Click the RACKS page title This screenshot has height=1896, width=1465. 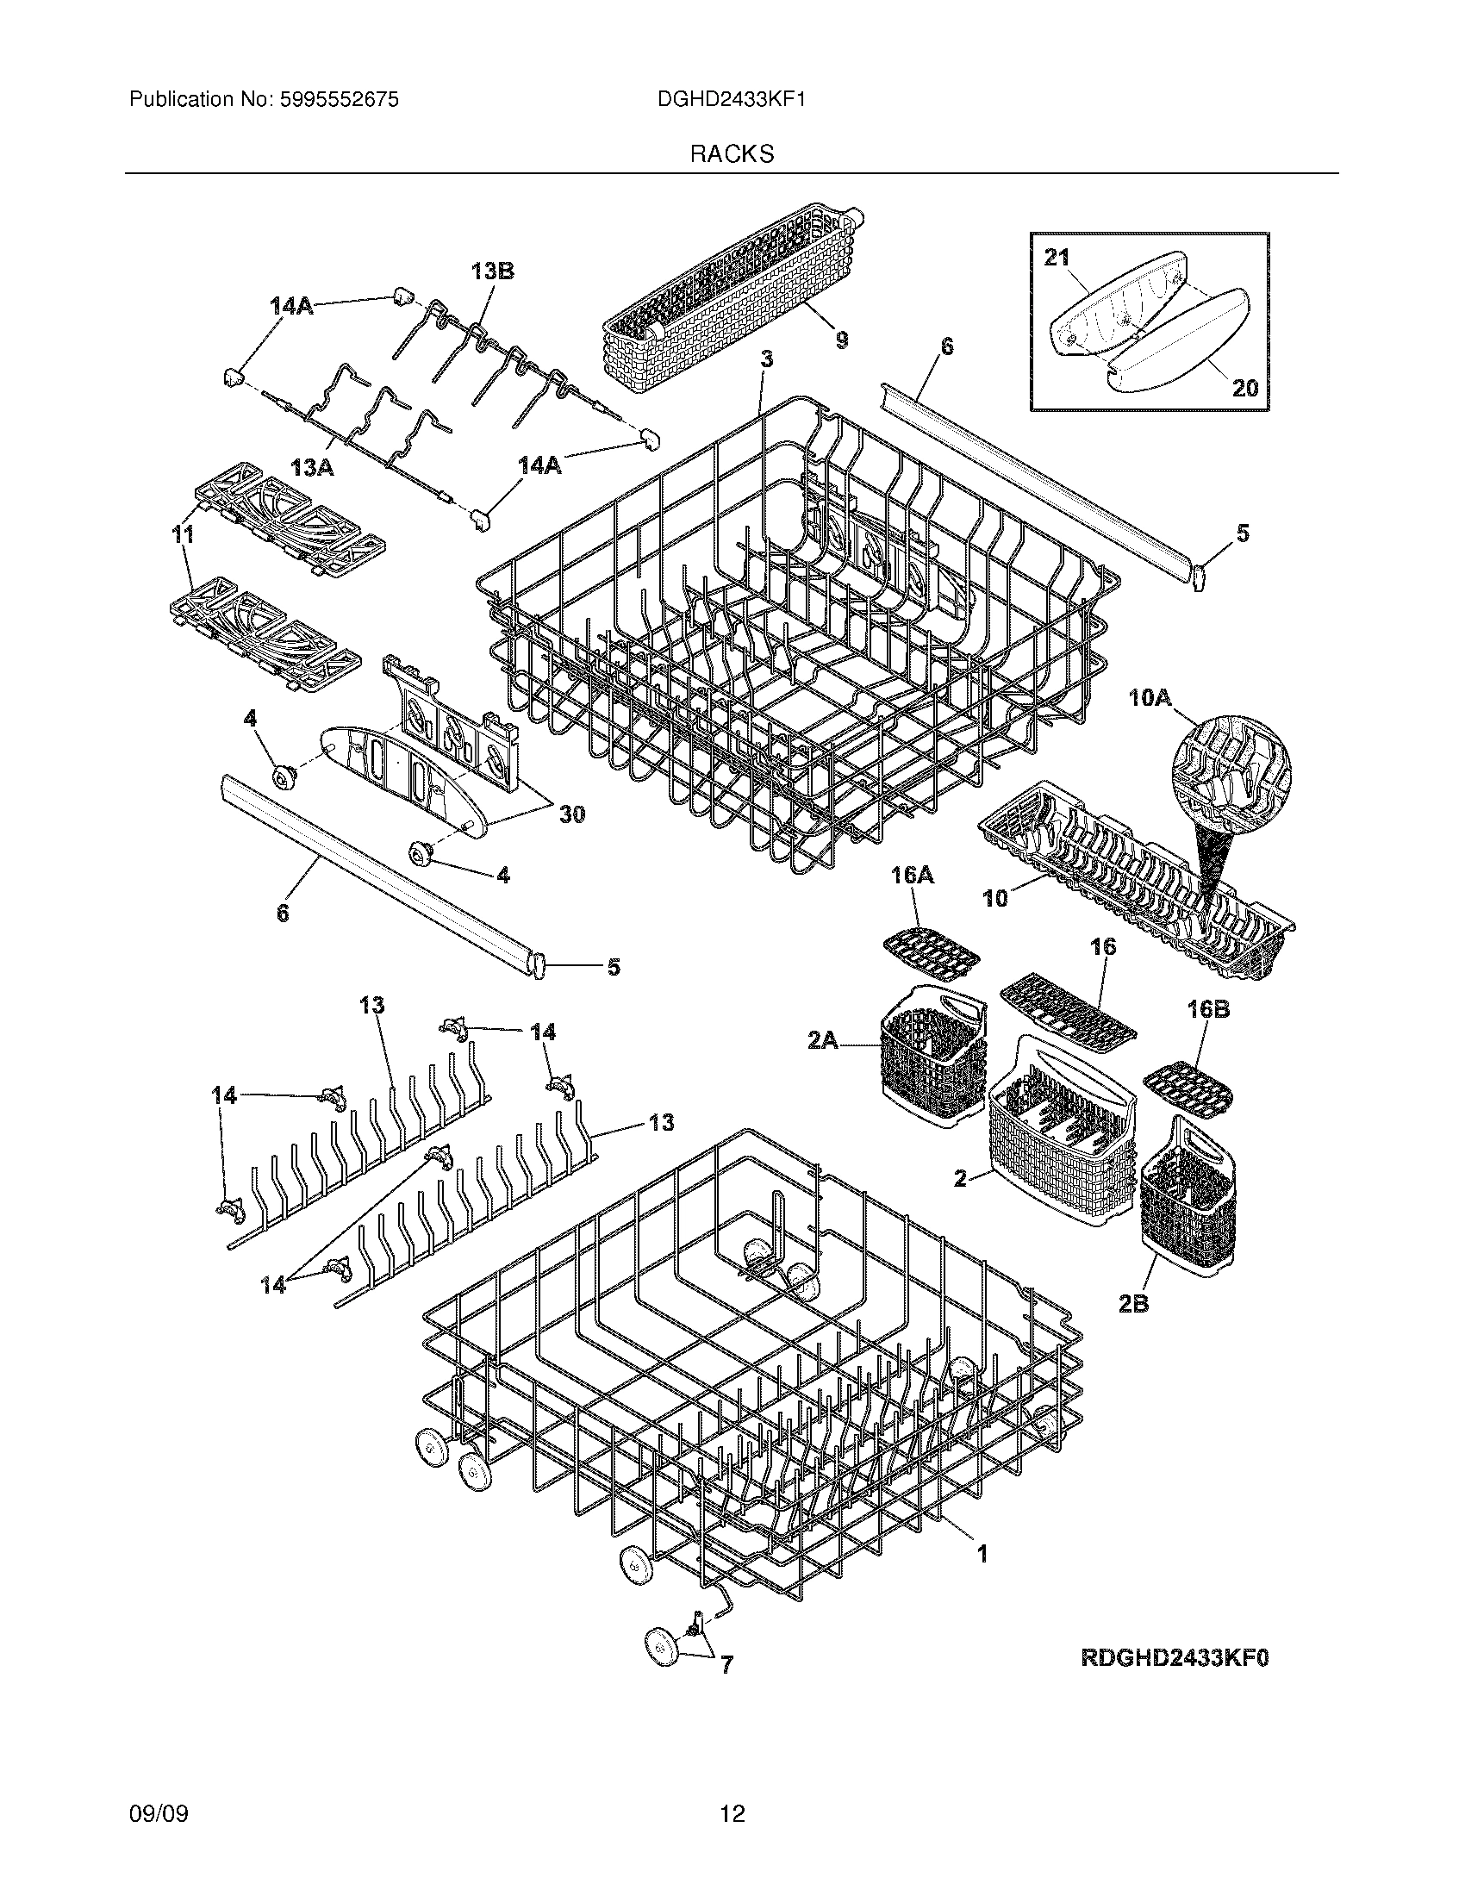(x=732, y=154)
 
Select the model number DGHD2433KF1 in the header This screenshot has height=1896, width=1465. (x=732, y=100)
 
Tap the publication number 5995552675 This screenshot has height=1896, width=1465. (x=339, y=100)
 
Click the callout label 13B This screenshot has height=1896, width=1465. (x=492, y=271)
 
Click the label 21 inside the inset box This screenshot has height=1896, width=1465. (x=1057, y=258)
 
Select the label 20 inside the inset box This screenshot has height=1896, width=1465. (x=1244, y=388)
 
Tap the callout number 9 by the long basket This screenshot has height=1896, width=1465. (x=841, y=340)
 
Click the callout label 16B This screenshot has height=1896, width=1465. (x=1208, y=1010)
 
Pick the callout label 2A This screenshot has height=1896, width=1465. (x=823, y=1039)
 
